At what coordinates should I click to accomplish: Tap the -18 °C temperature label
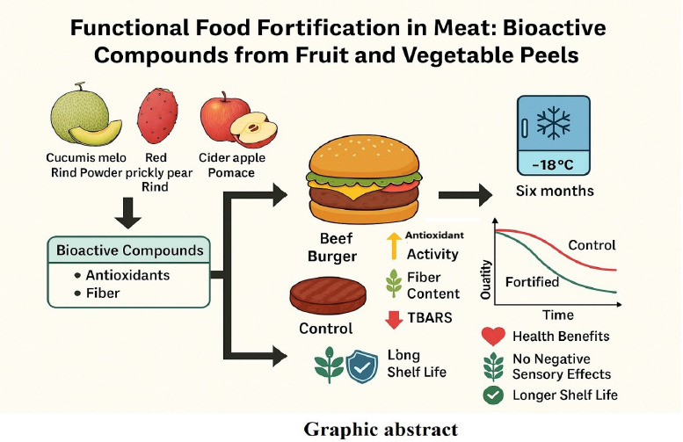(x=554, y=164)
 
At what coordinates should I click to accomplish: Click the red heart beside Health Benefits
(x=494, y=337)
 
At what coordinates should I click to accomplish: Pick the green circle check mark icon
(x=494, y=394)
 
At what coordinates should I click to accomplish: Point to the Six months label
(x=554, y=192)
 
